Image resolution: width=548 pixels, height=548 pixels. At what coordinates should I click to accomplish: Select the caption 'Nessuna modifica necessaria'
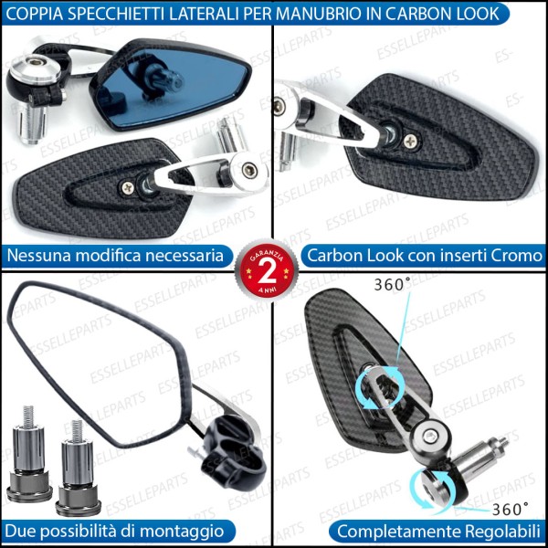[114, 256]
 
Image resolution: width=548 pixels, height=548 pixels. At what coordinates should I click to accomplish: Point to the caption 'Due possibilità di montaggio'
[114, 531]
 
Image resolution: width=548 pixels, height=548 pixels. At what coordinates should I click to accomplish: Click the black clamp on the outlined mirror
[238, 448]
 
